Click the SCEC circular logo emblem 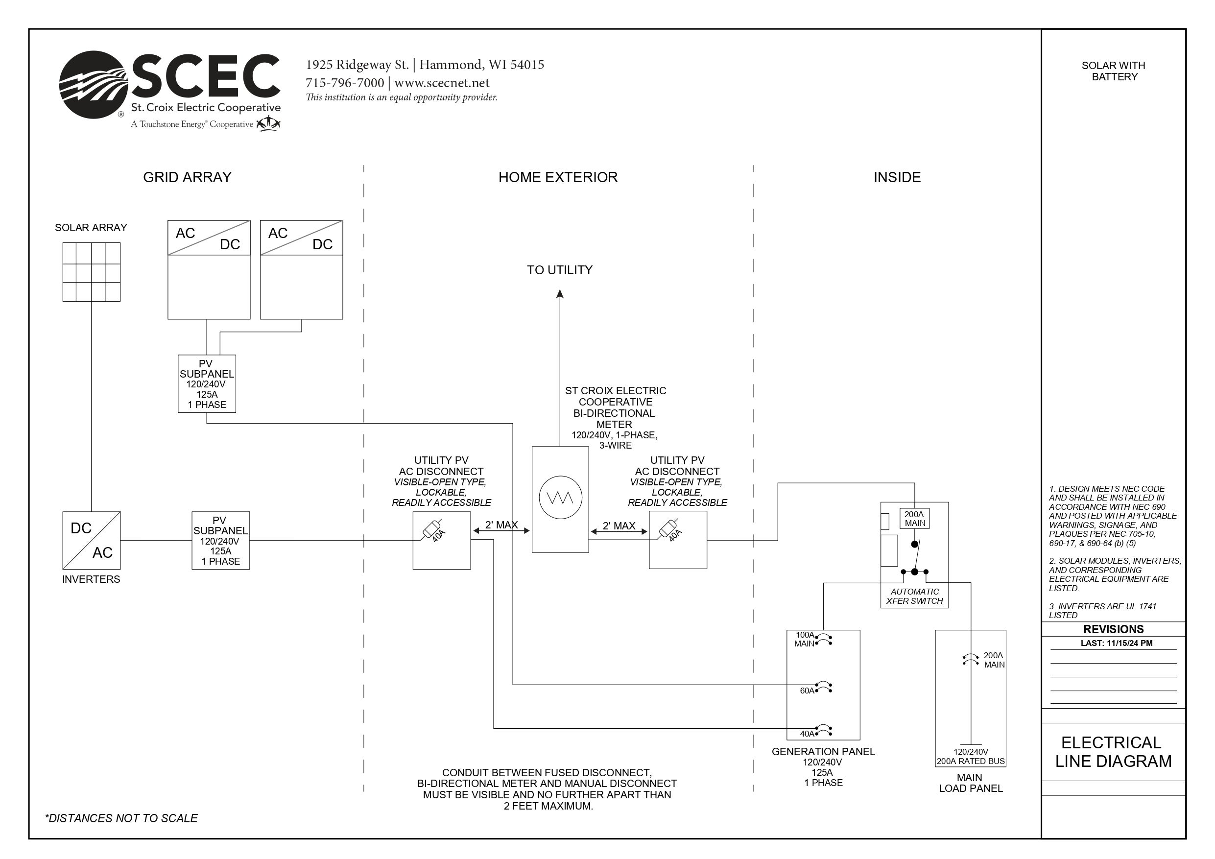coord(93,85)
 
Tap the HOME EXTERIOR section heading coord(558,177)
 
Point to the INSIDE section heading coord(897,177)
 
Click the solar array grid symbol coord(91,272)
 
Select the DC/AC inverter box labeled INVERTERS coord(91,540)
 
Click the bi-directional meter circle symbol coord(560,498)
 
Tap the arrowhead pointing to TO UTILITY coord(560,294)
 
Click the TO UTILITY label coord(559,270)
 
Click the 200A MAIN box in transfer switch coord(914,519)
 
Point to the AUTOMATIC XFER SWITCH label coord(914,597)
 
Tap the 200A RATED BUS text coord(971,761)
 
